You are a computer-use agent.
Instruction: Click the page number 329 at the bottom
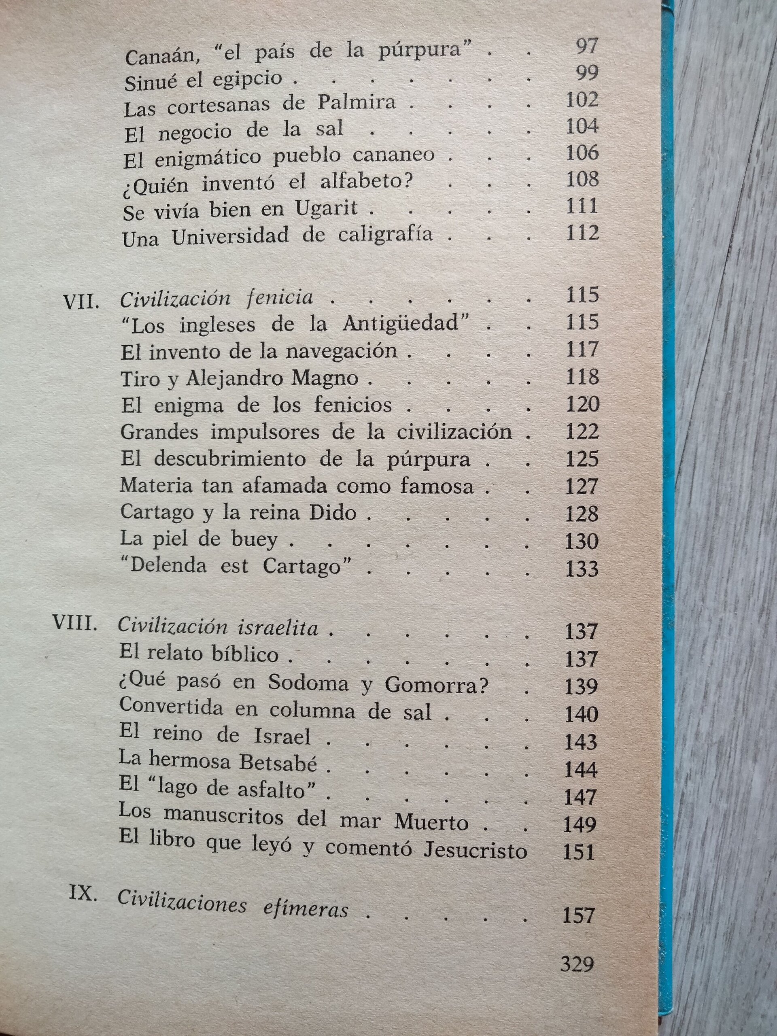(577, 964)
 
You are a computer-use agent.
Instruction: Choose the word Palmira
(357, 102)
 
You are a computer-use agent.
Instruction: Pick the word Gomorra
(436, 686)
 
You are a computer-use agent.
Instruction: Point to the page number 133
(582, 569)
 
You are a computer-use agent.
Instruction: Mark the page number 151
(578, 852)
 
